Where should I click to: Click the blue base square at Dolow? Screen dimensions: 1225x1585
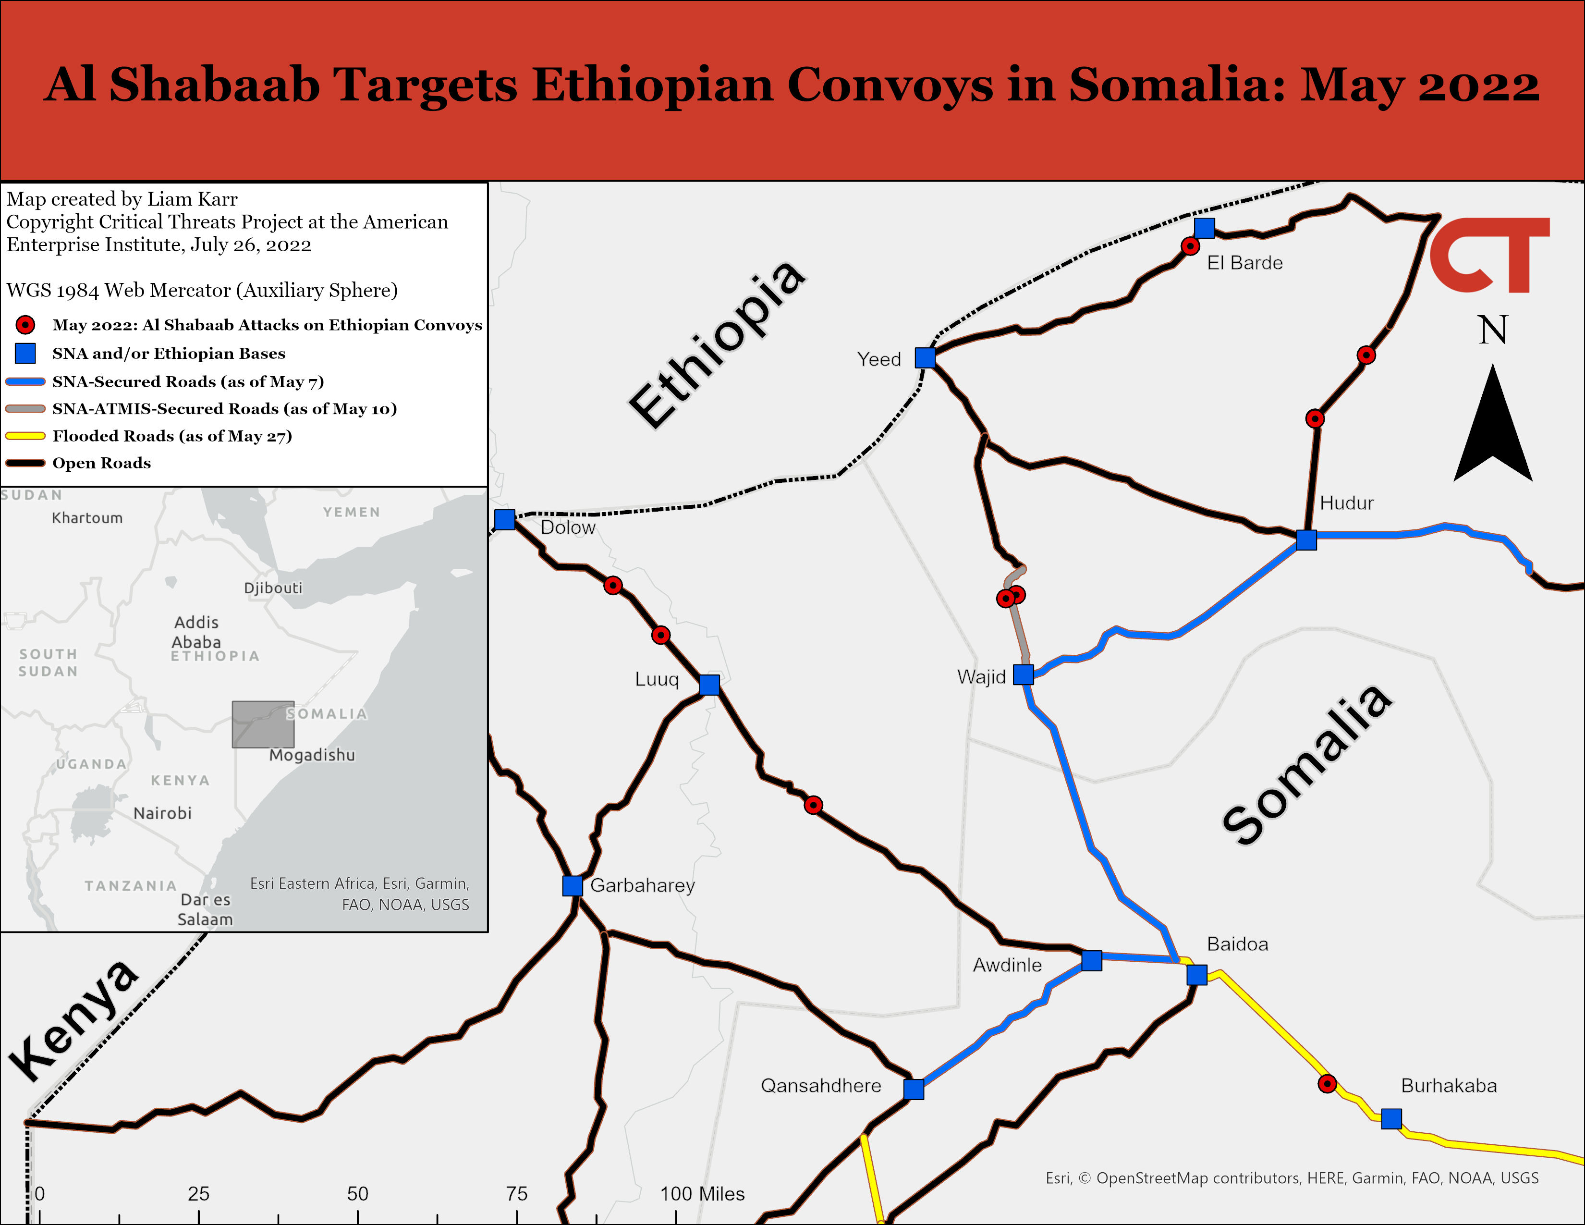point(504,520)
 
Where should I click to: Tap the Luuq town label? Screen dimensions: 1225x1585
point(657,679)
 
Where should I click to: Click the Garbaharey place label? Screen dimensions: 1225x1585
point(642,885)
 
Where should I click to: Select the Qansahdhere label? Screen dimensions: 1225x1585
point(821,1086)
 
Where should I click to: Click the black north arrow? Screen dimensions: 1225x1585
point(1493,425)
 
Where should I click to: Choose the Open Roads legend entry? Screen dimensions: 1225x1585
point(102,463)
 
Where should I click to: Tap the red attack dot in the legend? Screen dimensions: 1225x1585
point(25,324)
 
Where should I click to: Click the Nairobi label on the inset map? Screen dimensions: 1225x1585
point(162,813)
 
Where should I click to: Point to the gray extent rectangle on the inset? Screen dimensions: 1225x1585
point(263,724)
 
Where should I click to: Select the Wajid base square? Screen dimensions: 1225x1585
point(1023,674)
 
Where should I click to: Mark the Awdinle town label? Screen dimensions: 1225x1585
point(1007,965)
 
